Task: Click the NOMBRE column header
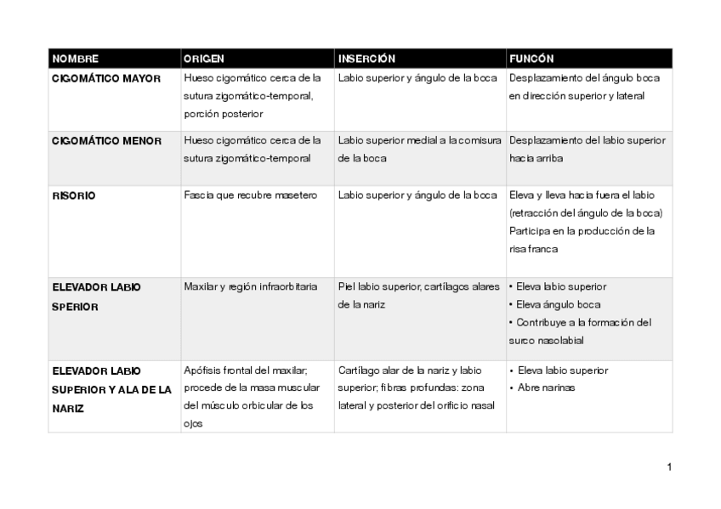point(76,59)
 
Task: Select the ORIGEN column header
point(204,59)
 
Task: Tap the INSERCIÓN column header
point(366,59)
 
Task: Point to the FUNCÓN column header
point(531,59)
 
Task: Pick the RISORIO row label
point(74,195)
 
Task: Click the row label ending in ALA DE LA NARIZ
point(111,389)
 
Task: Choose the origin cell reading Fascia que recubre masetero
point(250,195)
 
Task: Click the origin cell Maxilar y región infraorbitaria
point(251,286)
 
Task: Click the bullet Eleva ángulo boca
point(559,304)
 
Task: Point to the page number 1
point(670,467)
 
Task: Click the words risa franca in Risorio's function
point(534,249)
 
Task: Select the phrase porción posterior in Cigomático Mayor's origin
point(224,113)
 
